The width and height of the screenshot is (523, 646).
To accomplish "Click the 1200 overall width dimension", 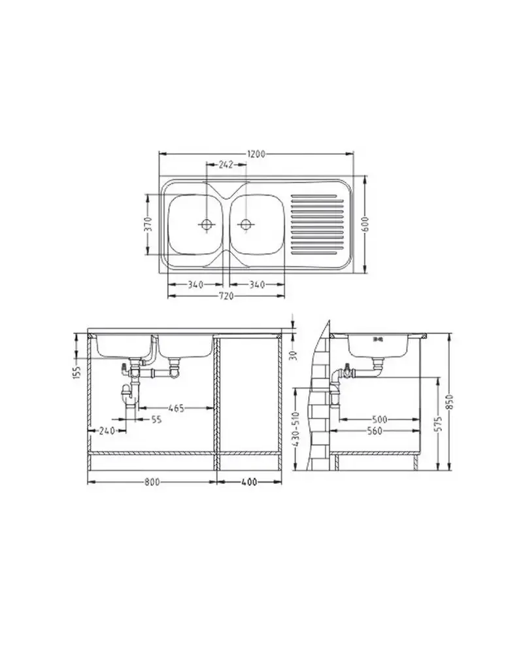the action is [256, 154].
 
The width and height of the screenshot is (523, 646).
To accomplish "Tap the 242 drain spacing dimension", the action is [226, 165].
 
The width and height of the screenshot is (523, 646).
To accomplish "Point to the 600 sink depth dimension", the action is [366, 224].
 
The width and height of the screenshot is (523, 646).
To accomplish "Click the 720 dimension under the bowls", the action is [226, 296].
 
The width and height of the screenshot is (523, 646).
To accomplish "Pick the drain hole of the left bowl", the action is [206, 224].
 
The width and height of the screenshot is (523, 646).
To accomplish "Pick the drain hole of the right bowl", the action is [245, 224].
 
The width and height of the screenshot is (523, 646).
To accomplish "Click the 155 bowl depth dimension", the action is [77, 371].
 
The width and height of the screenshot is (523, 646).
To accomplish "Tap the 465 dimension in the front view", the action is [177, 408].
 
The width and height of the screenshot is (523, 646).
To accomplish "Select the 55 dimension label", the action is [156, 419].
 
